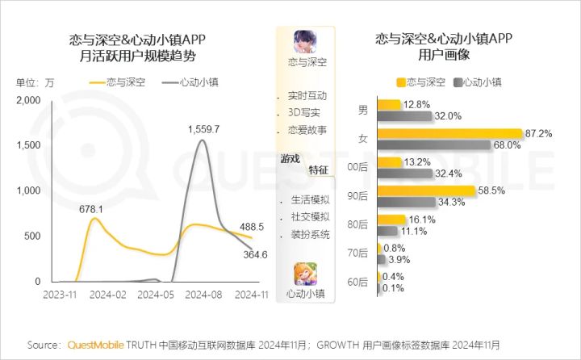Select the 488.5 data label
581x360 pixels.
pos(252,227)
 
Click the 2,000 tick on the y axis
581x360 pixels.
pos(28,100)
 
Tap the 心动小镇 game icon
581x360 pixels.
pos(305,274)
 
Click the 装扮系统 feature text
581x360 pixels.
pos(311,235)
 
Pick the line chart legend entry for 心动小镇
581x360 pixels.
pos(190,82)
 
